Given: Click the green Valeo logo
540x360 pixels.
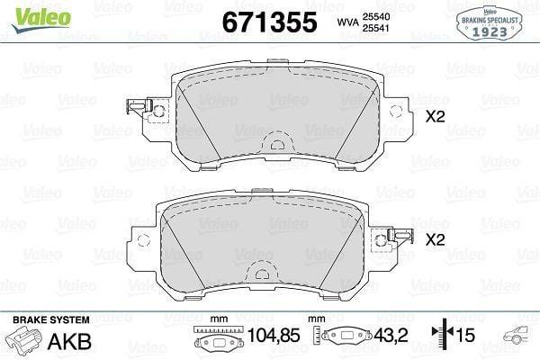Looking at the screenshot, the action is [x=41, y=19].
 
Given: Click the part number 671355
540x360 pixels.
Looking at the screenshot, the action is [x=269, y=22].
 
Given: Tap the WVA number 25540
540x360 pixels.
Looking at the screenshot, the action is [x=375, y=16].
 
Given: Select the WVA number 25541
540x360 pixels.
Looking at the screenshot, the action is [x=375, y=28].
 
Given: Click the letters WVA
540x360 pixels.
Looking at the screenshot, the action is [x=347, y=22].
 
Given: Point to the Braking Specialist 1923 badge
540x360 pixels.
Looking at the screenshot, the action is [x=490, y=23].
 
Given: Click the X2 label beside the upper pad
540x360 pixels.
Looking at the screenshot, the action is [x=436, y=117].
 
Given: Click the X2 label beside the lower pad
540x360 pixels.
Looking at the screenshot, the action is [x=436, y=239].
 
